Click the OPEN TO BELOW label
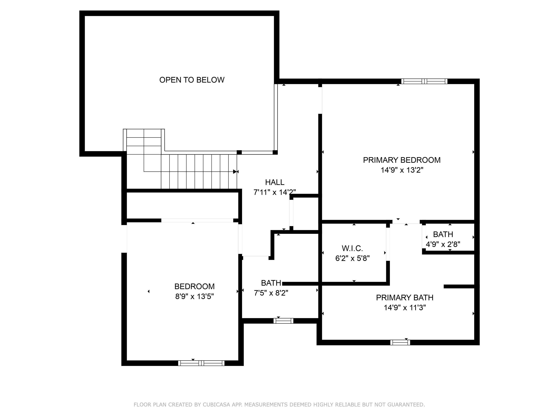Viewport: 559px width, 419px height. tap(192, 80)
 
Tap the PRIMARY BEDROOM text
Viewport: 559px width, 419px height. tap(402, 160)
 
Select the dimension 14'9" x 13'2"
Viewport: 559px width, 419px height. tap(402, 170)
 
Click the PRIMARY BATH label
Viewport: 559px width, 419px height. tap(405, 298)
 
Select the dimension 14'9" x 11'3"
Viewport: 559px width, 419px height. tap(405, 308)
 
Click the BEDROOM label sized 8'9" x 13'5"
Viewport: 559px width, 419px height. tap(194, 286)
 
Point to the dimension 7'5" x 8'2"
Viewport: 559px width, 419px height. tap(271, 293)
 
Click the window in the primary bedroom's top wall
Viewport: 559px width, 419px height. tap(424, 81)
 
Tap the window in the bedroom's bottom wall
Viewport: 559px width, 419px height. tap(201, 363)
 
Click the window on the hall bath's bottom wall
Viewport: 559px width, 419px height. tap(283, 321)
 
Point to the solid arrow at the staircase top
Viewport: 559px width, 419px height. tap(235, 172)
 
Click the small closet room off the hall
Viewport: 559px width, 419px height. tap(305, 214)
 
